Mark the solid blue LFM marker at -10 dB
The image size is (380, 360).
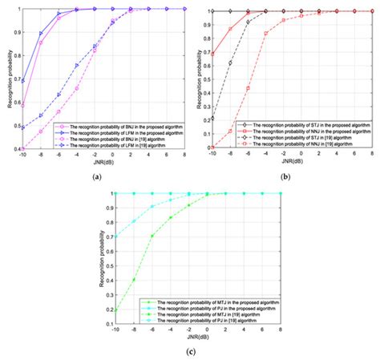[22, 82]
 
